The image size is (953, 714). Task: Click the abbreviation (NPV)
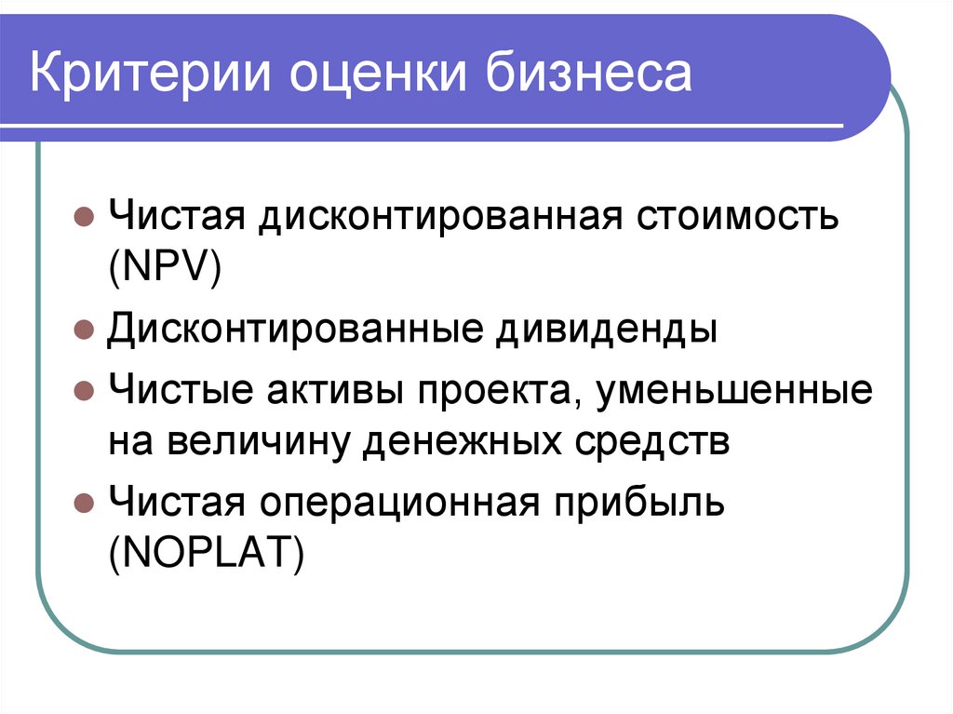click(163, 272)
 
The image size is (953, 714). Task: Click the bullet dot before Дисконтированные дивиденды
click(83, 330)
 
